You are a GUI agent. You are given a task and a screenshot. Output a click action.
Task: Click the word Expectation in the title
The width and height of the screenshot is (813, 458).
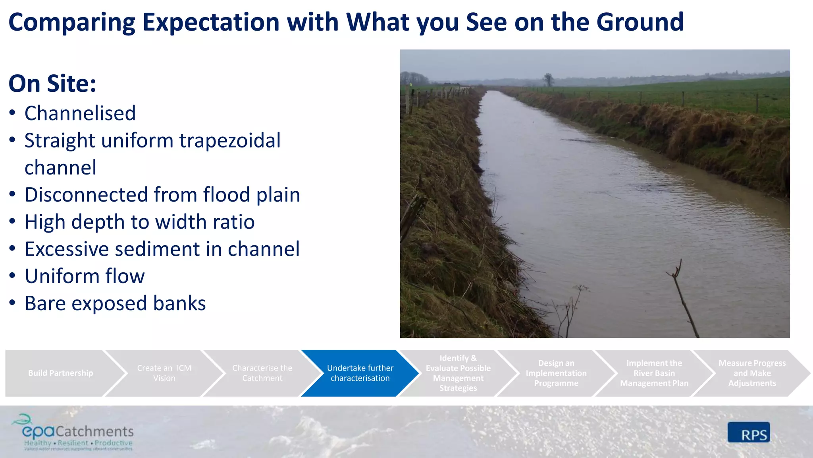point(211,22)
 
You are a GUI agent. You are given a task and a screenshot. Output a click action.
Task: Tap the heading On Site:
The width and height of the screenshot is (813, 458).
point(52,83)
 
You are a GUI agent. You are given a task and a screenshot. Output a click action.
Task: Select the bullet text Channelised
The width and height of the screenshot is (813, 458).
point(80,113)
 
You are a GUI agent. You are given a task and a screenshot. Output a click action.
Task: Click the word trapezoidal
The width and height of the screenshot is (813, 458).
point(230,141)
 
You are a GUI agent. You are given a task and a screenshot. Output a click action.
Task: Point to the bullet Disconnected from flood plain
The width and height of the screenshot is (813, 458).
point(162,195)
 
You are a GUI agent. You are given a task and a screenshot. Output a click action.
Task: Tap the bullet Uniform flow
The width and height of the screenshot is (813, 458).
point(85,276)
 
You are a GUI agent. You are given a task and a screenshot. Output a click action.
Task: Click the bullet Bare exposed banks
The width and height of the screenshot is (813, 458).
point(115,303)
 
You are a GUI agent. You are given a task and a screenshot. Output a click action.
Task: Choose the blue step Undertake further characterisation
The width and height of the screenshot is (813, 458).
point(360,373)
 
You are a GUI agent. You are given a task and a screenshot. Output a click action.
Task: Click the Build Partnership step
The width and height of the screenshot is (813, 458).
point(60,373)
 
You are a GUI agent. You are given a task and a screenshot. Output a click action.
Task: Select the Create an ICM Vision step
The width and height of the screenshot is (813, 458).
point(164,373)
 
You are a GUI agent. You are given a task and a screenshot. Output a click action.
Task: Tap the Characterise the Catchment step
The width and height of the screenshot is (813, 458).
point(262,373)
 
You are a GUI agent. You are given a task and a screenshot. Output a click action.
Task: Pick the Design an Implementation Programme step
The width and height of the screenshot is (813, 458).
point(556,373)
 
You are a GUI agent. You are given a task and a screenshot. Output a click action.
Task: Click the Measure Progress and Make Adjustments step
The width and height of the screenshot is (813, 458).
point(752,373)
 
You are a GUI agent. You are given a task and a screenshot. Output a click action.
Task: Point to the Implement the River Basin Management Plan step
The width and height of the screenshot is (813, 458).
point(654,373)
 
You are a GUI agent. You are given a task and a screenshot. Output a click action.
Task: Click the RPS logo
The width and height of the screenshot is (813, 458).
point(749,433)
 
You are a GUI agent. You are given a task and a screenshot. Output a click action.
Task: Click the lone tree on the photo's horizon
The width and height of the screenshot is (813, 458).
point(549,80)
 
